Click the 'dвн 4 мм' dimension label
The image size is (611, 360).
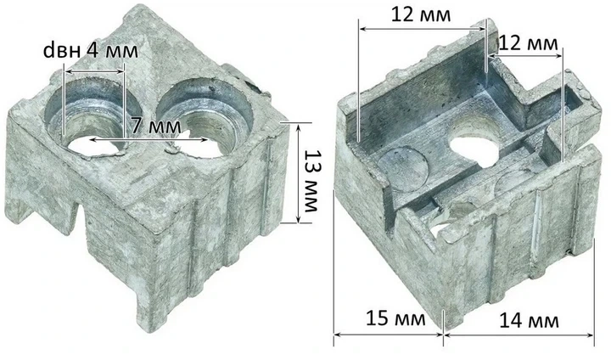click(91, 51)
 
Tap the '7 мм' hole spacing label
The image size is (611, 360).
click(156, 126)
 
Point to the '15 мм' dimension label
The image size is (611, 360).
click(395, 318)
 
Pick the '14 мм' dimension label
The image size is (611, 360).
click(529, 321)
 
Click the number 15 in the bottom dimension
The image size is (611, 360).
click(377, 318)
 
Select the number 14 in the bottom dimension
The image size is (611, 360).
click(511, 321)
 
